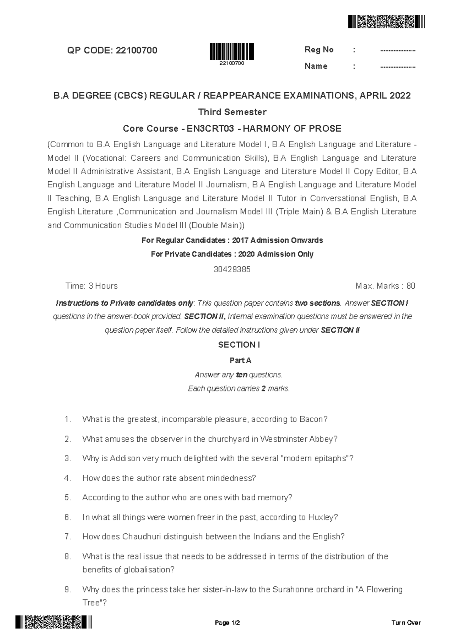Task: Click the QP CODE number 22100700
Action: [136, 50]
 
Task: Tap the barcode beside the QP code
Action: [232, 52]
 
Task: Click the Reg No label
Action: [318, 50]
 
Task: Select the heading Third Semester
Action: [232, 112]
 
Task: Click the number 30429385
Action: [232, 269]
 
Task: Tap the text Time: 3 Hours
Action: [91, 286]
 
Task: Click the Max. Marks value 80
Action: [411, 286]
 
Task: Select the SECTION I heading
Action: [239, 345]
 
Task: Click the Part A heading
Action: [240, 360]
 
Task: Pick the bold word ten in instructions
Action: [242, 375]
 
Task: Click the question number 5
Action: [67, 498]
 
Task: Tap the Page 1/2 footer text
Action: [227, 623]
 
